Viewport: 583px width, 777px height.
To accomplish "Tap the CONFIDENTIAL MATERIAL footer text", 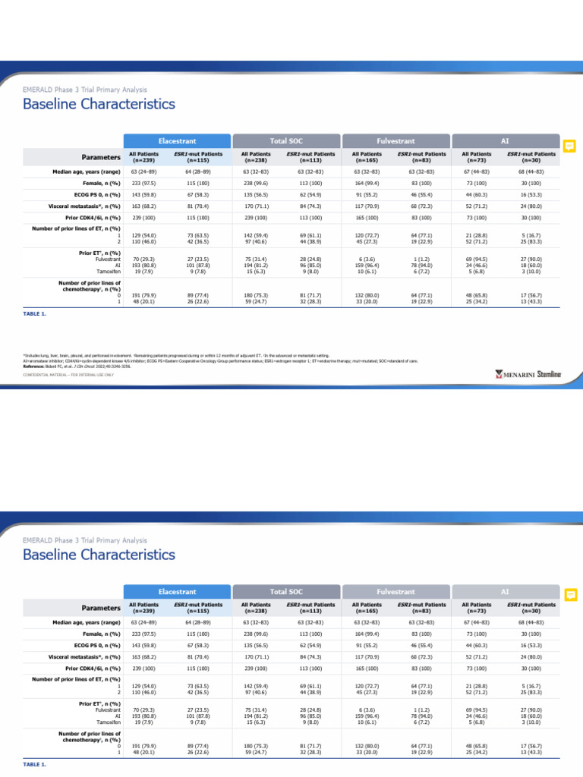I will click(x=68, y=375).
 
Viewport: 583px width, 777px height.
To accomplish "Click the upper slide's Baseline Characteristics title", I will click(x=99, y=104).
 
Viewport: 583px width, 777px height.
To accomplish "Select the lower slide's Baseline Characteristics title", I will click(x=99, y=555).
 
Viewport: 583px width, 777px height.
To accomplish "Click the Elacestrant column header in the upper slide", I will click(x=177, y=141).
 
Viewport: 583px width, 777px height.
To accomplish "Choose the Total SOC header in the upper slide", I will click(x=286, y=141).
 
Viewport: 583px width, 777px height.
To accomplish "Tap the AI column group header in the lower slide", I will click(x=506, y=592).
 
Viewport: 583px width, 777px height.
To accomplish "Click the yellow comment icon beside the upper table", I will click(x=570, y=146).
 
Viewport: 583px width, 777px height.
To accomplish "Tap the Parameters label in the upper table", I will click(x=101, y=157).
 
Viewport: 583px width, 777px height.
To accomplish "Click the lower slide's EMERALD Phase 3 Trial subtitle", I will click(x=85, y=540).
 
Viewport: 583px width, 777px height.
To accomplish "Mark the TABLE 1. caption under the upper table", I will click(x=35, y=313).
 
